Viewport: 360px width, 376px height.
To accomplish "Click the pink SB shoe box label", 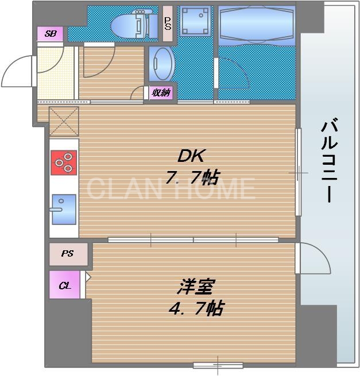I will pos(51,34).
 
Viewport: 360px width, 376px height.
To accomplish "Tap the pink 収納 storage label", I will pos(161,92).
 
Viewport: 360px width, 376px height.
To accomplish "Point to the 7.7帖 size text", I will pos(191,177).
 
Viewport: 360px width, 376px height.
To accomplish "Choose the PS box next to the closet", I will pos(68,254).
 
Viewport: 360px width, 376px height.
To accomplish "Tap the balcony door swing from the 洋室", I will pos(313,258).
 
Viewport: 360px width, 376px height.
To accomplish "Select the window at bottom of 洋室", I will pos(218,365).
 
